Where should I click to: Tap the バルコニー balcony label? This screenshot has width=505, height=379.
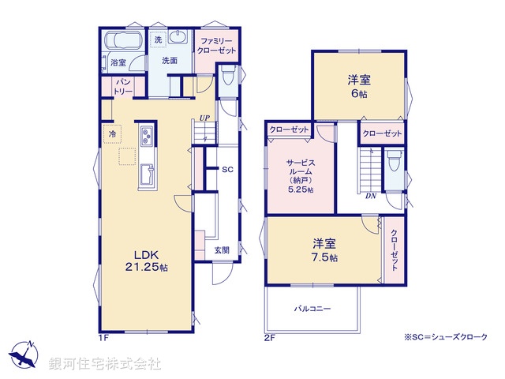[312, 309]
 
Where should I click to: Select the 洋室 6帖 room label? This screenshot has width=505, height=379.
[360, 86]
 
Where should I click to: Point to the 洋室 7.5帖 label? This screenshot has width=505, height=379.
[324, 251]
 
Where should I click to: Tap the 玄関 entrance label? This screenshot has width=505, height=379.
[222, 250]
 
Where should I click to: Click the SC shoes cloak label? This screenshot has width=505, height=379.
[226, 170]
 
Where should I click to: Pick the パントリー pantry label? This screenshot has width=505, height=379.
[123, 86]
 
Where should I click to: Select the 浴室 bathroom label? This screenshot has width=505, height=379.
[118, 62]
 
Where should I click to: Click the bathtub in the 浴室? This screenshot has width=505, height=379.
[125, 43]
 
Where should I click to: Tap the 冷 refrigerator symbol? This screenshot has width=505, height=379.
[113, 134]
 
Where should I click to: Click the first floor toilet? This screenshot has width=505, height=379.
[227, 77]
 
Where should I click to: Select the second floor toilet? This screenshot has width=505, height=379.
[394, 163]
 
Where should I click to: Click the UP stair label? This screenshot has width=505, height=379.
[204, 118]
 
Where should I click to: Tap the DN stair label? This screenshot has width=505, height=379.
[370, 196]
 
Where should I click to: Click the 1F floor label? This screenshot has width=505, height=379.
[103, 338]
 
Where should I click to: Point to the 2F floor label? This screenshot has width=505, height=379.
[268, 338]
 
